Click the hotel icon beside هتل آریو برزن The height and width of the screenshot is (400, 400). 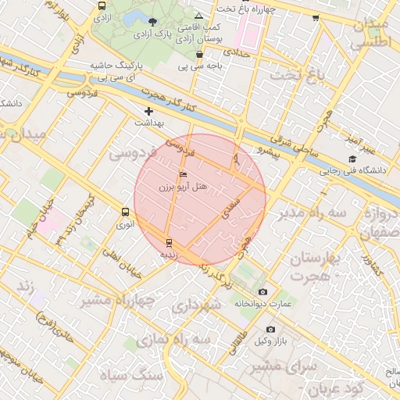(184, 174)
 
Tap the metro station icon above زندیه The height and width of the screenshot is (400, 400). (169, 242)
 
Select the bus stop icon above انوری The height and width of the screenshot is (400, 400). (125, 212)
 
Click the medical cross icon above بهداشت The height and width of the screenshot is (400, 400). (148, 112)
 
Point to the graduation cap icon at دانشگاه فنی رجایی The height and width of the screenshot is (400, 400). (352, 159)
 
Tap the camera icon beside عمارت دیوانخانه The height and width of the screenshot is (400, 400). (262, 291)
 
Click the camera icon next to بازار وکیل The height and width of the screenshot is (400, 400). (271, 330)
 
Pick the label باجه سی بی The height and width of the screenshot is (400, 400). (200, 66)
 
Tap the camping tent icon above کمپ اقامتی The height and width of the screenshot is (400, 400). (199, 16)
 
